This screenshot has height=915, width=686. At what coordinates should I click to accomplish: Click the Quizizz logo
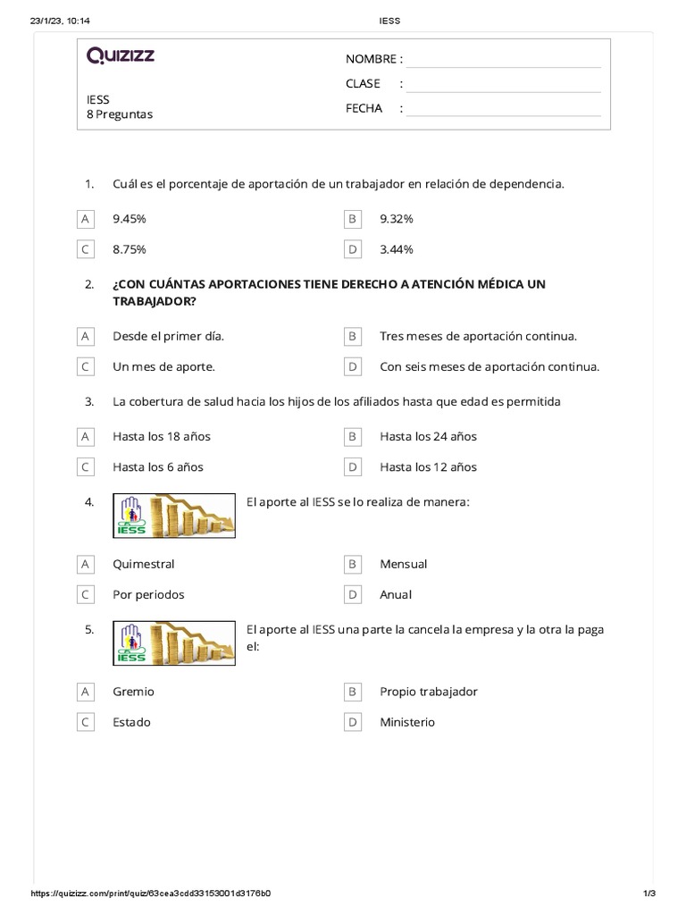click(x=121, y=56)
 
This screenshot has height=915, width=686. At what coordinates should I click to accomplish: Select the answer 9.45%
click(x=130, y=219)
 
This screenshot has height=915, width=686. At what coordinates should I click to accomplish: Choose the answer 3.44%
click(x=397, y=249)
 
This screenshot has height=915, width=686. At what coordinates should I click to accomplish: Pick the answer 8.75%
click(x=130, y=249)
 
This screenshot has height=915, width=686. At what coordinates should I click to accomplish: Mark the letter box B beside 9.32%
click(x=353, y=219)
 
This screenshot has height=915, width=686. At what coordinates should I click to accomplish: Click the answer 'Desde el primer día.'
click(x=169, y=336)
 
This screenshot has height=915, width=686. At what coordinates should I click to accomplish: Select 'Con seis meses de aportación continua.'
click(x=489, y=366)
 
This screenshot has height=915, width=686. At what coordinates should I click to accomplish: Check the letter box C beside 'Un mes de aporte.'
click(x=86, y=366)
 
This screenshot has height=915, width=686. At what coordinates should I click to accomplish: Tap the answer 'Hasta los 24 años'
click(x=428, y=437)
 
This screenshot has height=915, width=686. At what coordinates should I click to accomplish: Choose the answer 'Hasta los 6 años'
click(x=158, y=467)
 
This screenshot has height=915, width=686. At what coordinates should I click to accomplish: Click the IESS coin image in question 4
click(x=175, y=516)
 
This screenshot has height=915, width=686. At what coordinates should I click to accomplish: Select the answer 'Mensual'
click(x=404, y=564)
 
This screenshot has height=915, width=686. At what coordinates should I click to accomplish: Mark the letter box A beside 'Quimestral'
click(x=86, y=564)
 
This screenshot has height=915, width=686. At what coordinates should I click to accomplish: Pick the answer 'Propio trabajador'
click(x=429, y=692)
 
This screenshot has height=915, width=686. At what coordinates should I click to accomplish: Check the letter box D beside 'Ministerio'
click(x=353, y=722)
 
